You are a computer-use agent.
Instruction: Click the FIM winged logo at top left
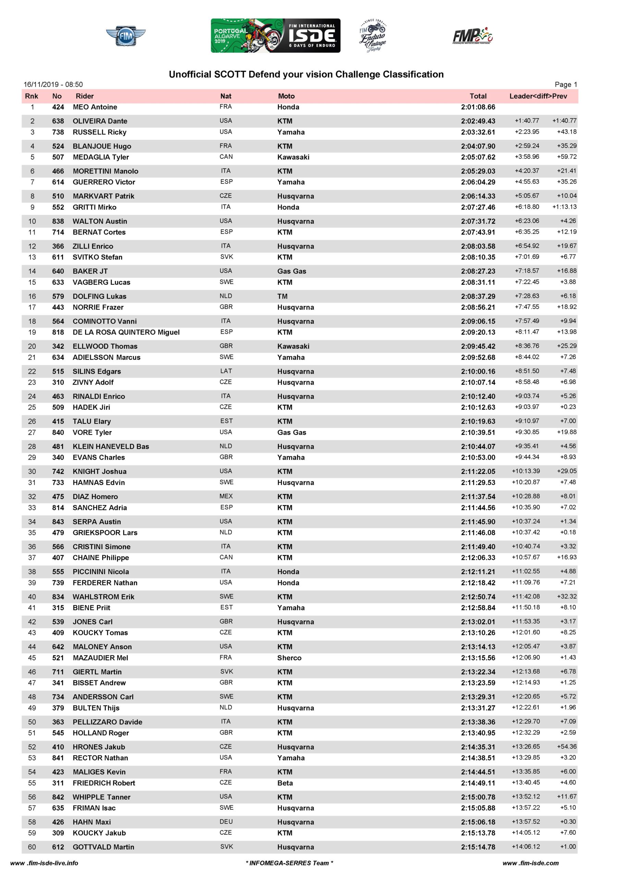[x=125, y=36]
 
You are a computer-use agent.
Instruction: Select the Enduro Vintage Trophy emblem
[x=372, y=36]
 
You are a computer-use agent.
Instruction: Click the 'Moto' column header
[x=286, y=96]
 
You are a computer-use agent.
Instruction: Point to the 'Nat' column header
[x=226, y=96]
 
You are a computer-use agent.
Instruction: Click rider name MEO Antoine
[x=95, y=107]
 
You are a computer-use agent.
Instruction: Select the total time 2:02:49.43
[x=478, y=121]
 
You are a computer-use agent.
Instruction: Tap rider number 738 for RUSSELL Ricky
[x=58, y=132]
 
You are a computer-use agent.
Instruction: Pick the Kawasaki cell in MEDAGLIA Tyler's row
[x=293, y=157]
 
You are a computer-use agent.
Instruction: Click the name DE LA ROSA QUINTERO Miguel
[x=126, y=332]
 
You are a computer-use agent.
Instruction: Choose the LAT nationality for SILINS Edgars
[x=226, y=371]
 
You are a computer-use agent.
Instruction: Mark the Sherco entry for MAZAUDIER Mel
[x=289, y=658]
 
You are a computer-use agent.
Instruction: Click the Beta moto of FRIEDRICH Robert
[x=285, y=783]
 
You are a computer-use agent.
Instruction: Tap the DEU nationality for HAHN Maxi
[x=226, y=821]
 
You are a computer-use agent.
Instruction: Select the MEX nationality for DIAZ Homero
[x=226, y=496]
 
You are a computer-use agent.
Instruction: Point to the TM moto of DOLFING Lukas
[x=282, y=296]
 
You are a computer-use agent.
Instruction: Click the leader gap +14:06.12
[x=526, y=847]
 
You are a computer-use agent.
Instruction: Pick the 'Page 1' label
[x=566, y=84]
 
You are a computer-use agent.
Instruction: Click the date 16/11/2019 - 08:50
[x=53, y=84]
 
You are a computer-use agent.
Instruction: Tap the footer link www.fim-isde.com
[x=530, y=863]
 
